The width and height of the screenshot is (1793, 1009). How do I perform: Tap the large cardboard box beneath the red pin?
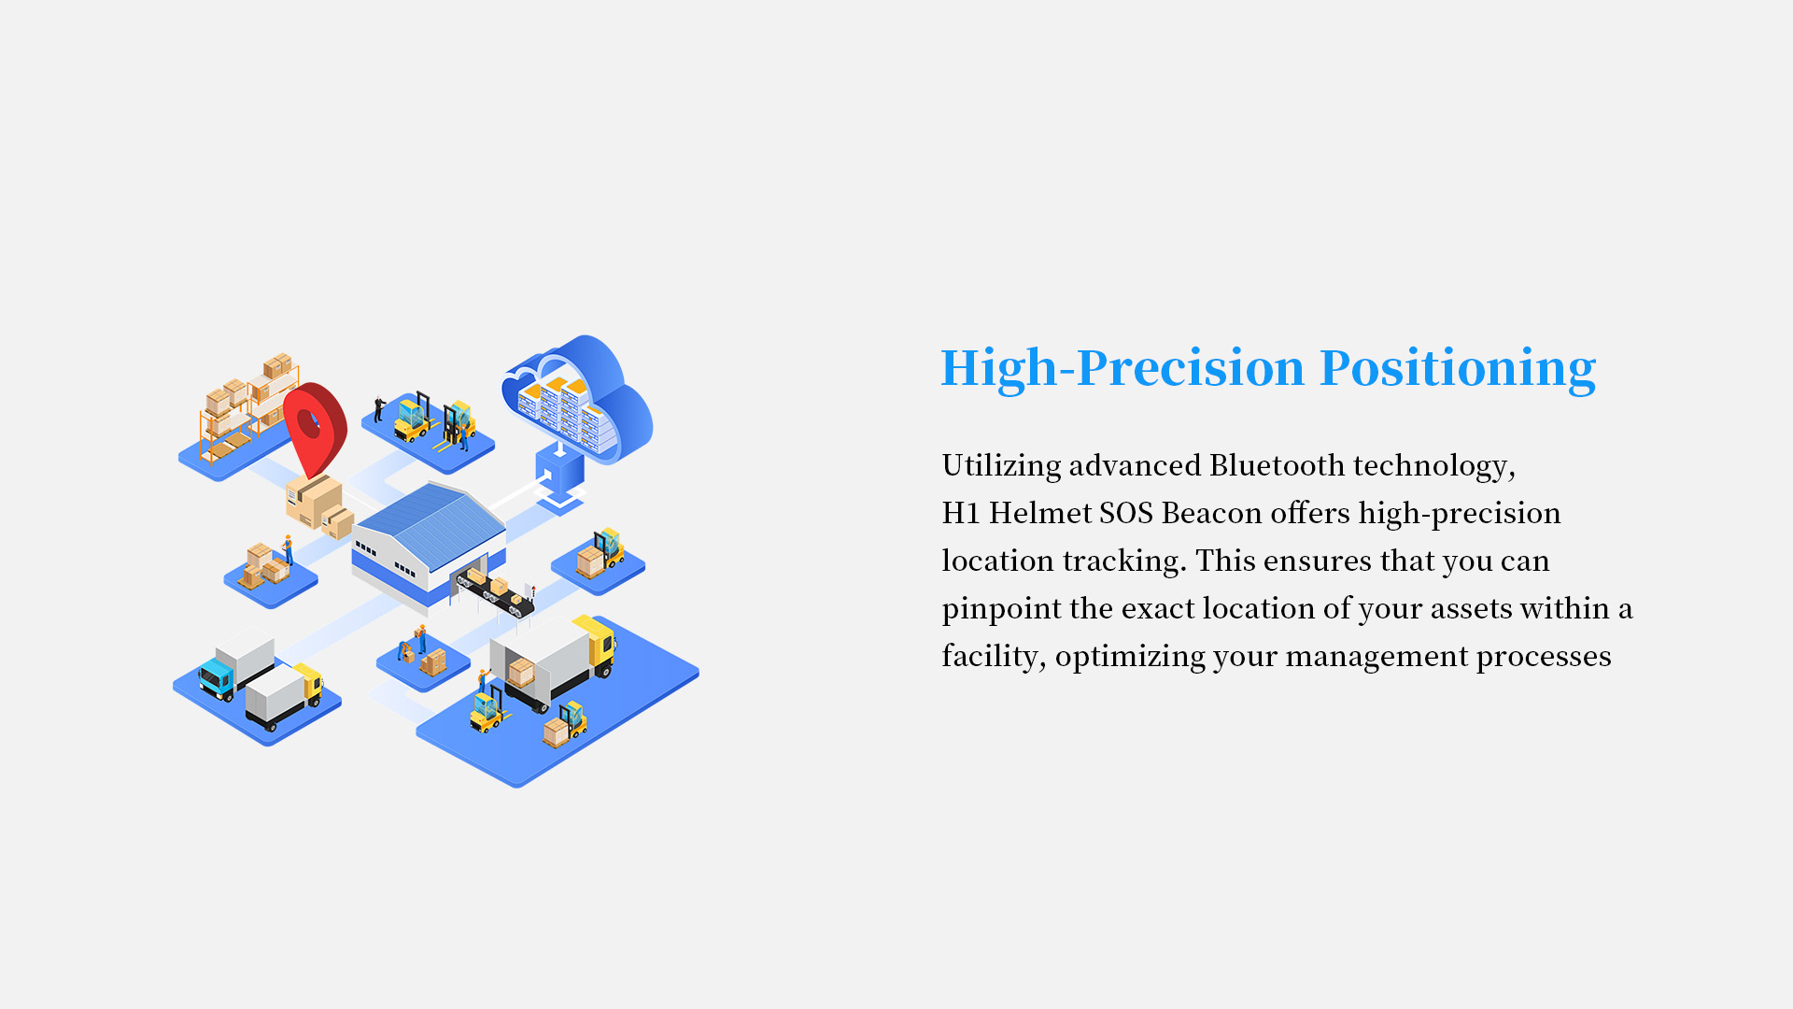point(314,500)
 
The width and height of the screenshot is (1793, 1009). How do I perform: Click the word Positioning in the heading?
point(1458,368)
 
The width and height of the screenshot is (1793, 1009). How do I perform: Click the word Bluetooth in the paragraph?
point(1277,464)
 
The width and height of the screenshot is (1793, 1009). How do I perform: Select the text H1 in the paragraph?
point(960,513)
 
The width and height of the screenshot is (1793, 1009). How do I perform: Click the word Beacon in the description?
point(1211,513)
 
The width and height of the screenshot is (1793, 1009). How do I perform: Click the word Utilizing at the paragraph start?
point(1001,465)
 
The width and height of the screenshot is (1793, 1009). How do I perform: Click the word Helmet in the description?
point(1039,513)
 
